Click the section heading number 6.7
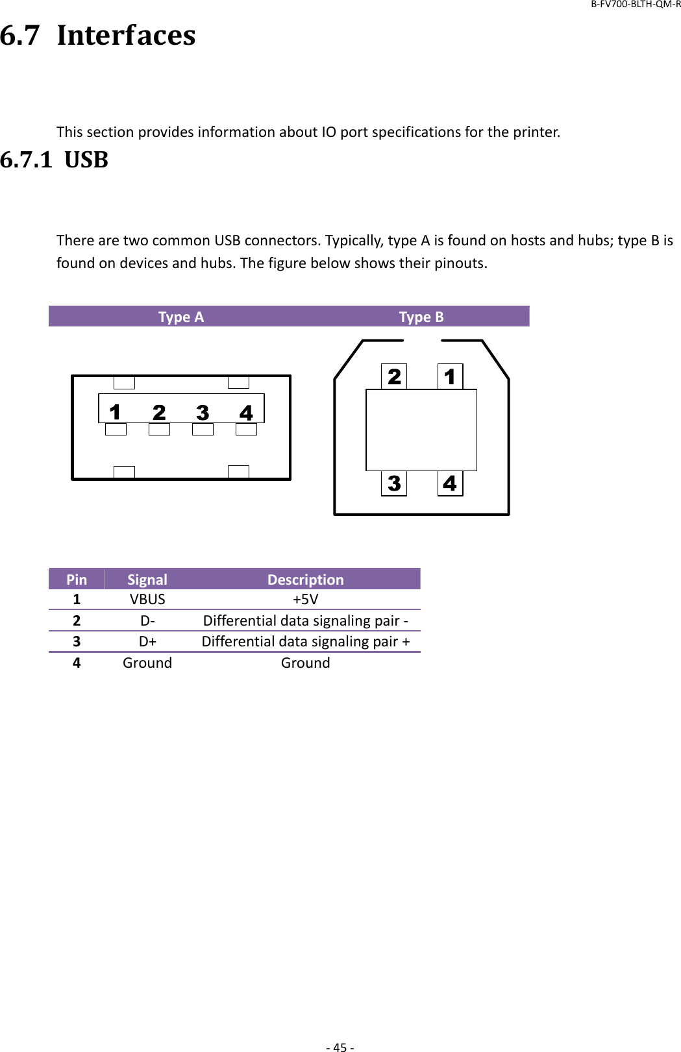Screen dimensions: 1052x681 pyautogui.click(x=19, y=35)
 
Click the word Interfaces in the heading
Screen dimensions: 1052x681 pyautogui.click(x=126, y=35)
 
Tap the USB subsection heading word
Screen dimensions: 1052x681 pyautogui.click(x=86, y=160)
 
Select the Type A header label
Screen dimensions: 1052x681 pyautogui.click(x=181, y=317)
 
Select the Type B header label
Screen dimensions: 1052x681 pyautogui.click(x=421, y=317)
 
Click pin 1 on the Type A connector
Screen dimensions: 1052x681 pyautogui.click(x=115, y=412)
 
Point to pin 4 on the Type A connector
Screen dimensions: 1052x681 pyautogui.click(x=246, y=413)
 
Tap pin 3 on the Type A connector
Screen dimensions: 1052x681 pyautogui.click(x=203, y=413)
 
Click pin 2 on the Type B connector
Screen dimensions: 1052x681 pyautogui.click(x=394, y=376)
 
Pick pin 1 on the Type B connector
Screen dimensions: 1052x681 pyautogui.click(x=450, y=376)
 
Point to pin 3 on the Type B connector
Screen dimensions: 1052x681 pyautogui.click(x=394, y=483)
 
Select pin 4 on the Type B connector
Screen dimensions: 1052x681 pyautogui.click(x=450, y=483)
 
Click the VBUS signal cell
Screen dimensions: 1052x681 pyautogui.click(x=147, y=599)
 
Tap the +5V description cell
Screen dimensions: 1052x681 pyautogui.click(x=305, y=599)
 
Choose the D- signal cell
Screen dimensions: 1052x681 pyautogui.click(x=147, y=620)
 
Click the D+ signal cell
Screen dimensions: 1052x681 pyautogui.click(x=147, y=641)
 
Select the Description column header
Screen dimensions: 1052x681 pyautogui.click(x=305, y=580)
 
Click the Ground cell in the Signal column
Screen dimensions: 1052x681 pyautogui.click(x=147, y=663)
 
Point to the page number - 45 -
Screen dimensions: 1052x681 pyautogui.click(x=340, y=1047)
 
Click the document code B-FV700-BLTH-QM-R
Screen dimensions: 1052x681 pyautogui.click(x=636, y=5)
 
